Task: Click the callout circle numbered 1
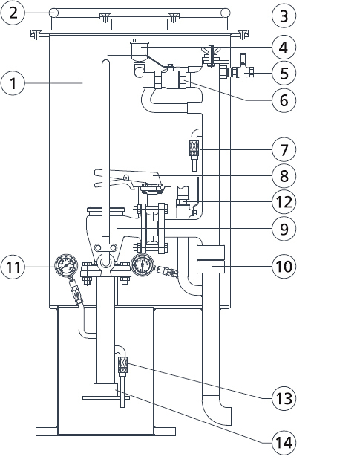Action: point(13,82)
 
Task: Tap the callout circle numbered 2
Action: point(13,13)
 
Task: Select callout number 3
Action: point(284,16)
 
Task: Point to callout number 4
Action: point(284,47)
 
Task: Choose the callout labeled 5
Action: point(284,73)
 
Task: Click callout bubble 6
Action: point(284,100)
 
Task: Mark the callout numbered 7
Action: point(284,149)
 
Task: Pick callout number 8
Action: point(284,175)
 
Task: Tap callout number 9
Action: point(284,229)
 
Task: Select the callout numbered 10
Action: point(284,266)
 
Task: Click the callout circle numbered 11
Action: point(13,267)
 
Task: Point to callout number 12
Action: point(284,201)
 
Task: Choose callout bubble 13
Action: point(284,398)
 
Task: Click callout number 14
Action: point(284,443)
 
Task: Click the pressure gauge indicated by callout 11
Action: point(66,265)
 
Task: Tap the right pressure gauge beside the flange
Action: point(143,264)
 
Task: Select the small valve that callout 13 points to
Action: point(122,365)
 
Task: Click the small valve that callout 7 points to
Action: point(194,148)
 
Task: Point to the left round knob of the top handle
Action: point(53,13)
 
